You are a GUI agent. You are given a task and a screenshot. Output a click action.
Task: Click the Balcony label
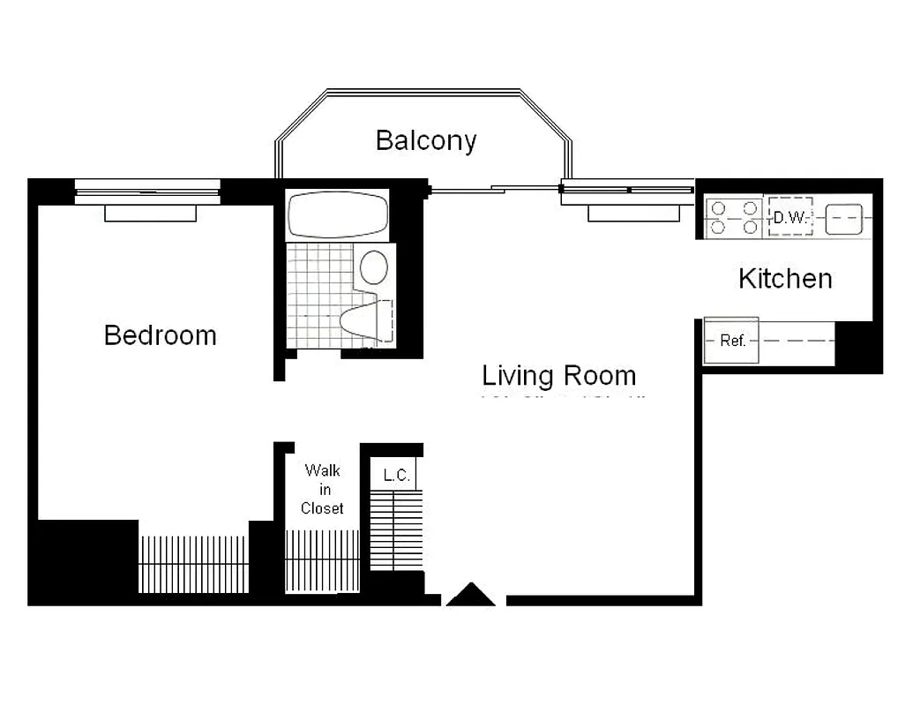click(426, 140)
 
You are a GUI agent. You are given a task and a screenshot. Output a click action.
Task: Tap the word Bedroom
click(160, 335)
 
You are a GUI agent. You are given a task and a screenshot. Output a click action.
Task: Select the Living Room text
click(558, 375)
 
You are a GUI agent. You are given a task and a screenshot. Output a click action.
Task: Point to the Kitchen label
click(784, 279)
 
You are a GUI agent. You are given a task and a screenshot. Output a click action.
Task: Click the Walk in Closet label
click(322, 489)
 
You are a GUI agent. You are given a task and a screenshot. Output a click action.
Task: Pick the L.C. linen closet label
click(396, 475)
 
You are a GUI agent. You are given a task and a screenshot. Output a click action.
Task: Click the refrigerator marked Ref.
click(732, 341)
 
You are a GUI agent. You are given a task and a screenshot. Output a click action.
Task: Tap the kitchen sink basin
click(843, 218)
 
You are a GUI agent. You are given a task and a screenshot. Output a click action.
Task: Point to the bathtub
click(338, 214)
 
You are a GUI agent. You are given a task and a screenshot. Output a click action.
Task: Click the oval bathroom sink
click(374, 267)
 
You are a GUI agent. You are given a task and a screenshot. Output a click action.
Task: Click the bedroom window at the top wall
click(147, 190)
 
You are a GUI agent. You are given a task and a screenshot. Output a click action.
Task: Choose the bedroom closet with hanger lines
click(193, 563)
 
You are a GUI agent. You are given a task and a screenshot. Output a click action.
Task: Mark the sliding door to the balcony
click(494, 187)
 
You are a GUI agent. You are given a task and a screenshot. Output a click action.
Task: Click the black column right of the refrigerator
click(857, 346)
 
